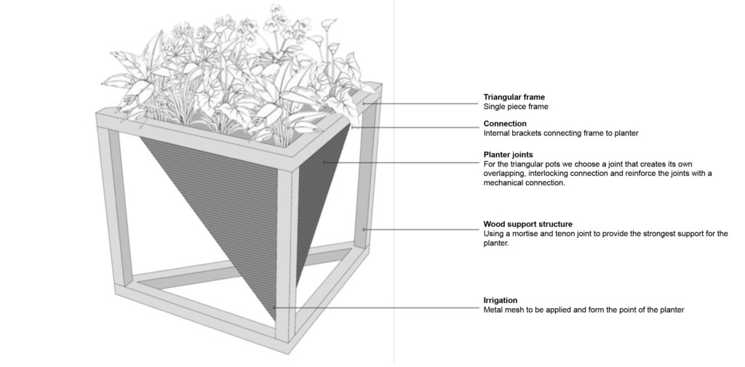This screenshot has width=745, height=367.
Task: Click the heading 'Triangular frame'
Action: (514, 97)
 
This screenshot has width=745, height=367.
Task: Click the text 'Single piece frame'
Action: (516, 107)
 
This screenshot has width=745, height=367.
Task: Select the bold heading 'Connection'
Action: (505, 124)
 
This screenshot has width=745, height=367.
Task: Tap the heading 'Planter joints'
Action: (509, 155)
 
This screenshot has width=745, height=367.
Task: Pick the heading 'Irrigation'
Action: (501, 300)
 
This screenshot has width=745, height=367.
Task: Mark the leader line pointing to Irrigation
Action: (378, 307)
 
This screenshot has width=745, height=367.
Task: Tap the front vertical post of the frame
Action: (287, 254)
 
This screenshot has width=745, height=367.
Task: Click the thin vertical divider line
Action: (394, 182)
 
